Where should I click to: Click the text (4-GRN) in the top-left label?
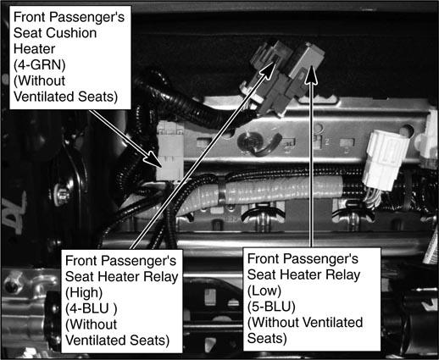click(40, 65)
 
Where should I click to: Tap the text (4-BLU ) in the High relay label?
click(91, 308)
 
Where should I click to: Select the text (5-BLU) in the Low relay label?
click(271, 307)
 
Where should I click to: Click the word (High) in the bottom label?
click(84, 293)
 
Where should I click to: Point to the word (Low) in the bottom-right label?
click(264, 291)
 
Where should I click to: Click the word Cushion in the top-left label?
click(71, 33)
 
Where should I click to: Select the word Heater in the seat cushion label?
click(34, 49)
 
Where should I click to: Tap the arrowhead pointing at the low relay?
click(311, 75)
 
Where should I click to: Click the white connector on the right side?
click(386, 159)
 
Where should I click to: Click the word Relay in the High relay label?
click(161, 277)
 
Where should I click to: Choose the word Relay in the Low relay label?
click(343, 275)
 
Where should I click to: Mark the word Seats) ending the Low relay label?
click(267, 338)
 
